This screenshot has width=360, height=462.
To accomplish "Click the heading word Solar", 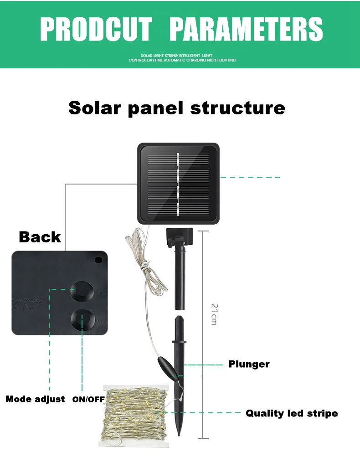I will click(94, 108).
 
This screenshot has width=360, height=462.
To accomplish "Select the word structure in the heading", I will click(238, 108).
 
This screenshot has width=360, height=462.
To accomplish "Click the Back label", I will click(40, 237).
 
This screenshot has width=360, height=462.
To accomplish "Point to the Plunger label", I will click(249, 364).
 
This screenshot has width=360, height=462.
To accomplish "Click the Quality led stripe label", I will click(292, 413).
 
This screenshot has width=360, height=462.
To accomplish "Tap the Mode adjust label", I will click(35, 399).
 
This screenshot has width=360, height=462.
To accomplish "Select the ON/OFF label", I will click(88, 400).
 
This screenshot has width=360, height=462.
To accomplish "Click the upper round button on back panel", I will click(82, 291).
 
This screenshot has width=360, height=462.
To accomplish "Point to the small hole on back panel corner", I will click(98, 261).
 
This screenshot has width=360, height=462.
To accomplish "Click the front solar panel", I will click(178, 184).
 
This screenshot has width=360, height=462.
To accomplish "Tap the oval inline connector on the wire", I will click(166, 368).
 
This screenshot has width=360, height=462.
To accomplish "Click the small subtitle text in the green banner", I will click(182, 58).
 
